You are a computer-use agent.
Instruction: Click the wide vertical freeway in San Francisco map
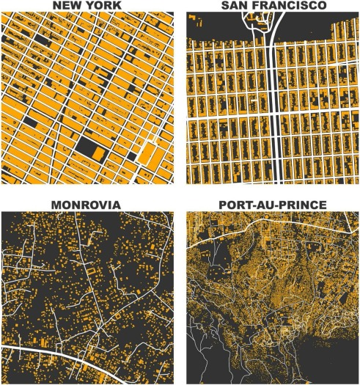click(x=276, y=110)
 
